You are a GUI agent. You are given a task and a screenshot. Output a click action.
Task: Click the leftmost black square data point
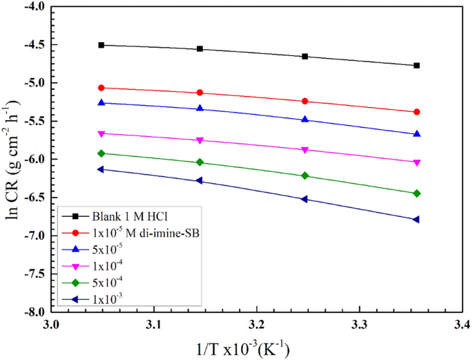(x=102, y=45)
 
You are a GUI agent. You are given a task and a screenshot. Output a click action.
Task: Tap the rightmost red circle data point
(x=416, y=112)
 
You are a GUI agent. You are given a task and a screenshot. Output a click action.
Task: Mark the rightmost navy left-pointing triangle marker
(x=416, y=220)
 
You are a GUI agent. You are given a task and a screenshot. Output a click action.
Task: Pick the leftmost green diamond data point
(x=102, y=153)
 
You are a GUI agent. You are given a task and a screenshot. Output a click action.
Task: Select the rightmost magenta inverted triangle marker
(x=416, y=162)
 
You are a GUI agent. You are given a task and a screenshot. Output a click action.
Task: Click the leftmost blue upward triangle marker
(x=102, y=102)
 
